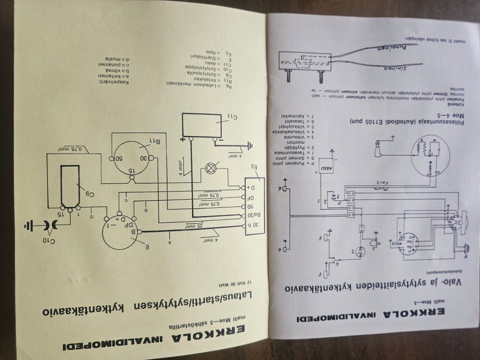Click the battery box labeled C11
pos(204,124)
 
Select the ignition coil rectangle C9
pos(70,185)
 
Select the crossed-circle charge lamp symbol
pos(210,168)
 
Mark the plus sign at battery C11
pos(182,139)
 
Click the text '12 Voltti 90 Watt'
pos(240,285)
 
